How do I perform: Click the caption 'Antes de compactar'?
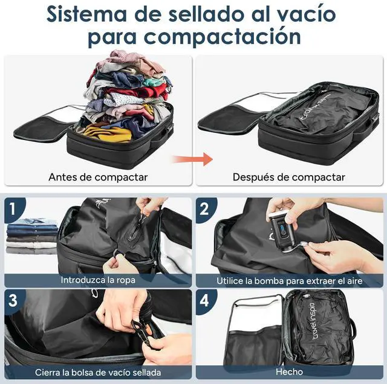98,178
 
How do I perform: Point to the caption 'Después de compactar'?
288,178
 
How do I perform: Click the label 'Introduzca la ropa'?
98,280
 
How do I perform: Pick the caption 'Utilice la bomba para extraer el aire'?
289,281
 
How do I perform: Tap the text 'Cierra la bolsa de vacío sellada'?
98,373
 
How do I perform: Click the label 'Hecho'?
289,373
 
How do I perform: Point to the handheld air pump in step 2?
283,230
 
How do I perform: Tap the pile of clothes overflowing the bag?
127,91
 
